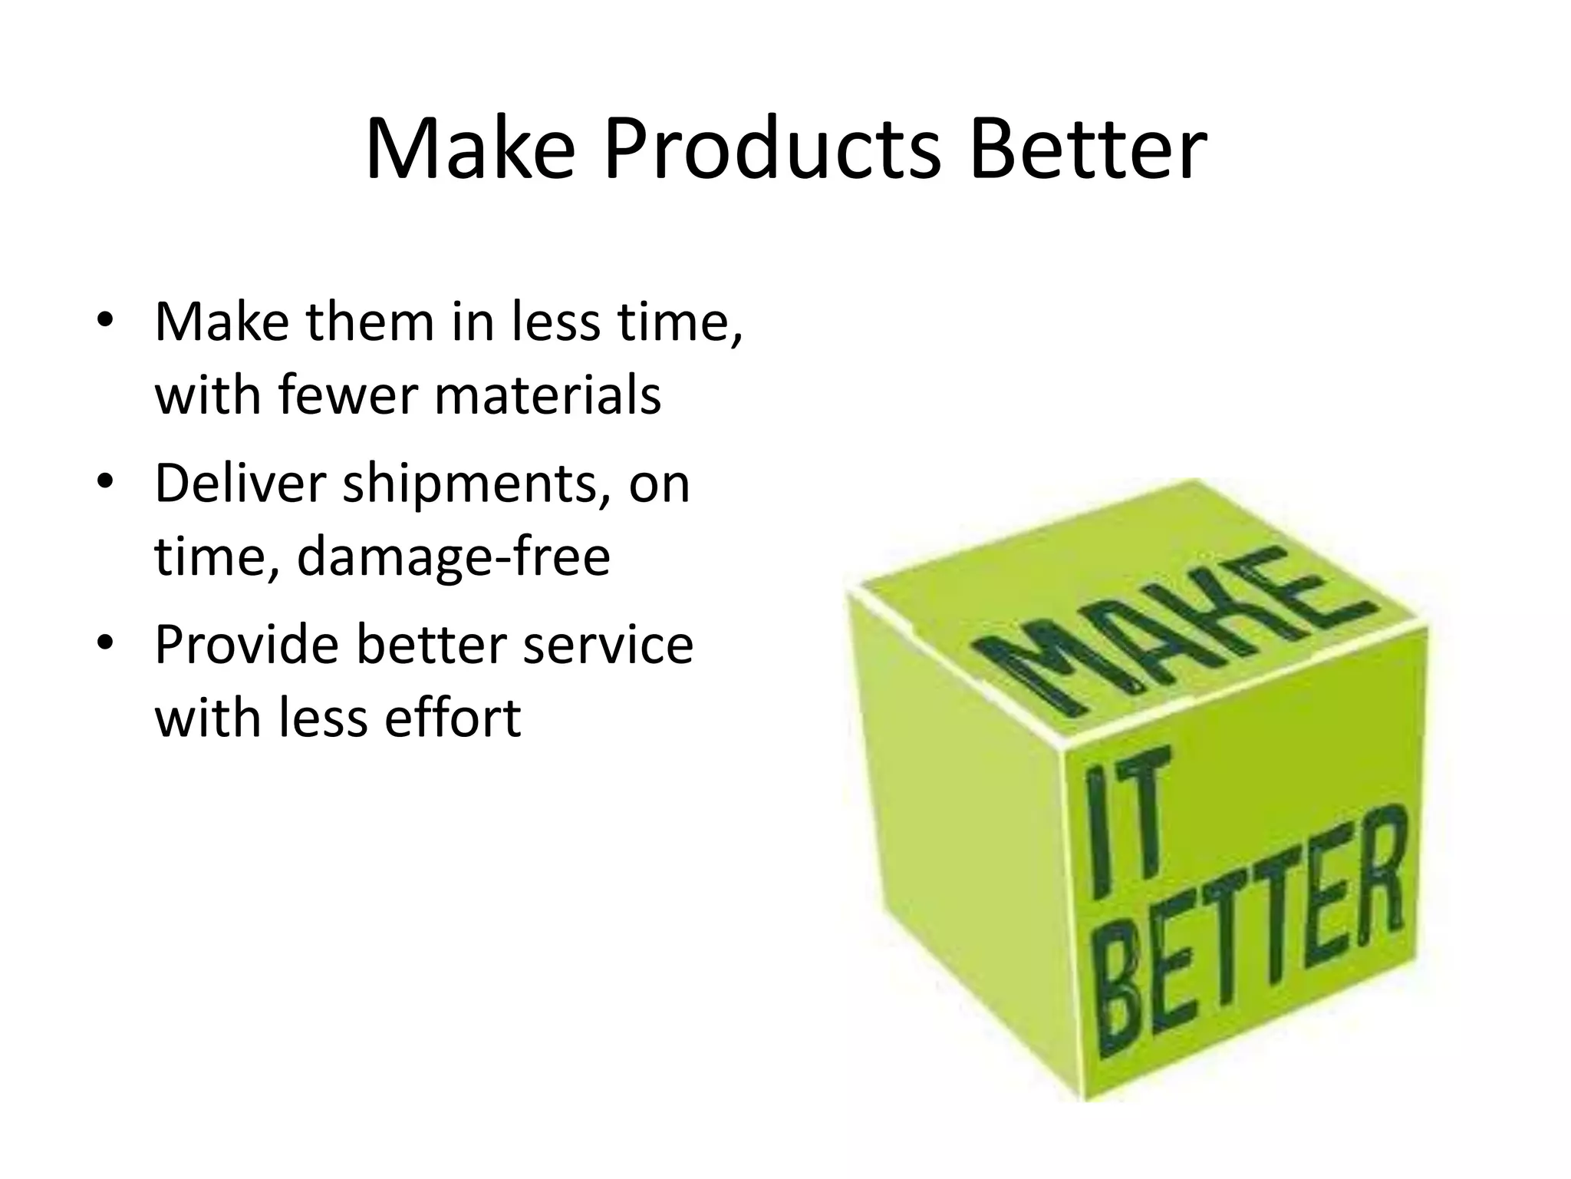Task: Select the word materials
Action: (x=548, y=395)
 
